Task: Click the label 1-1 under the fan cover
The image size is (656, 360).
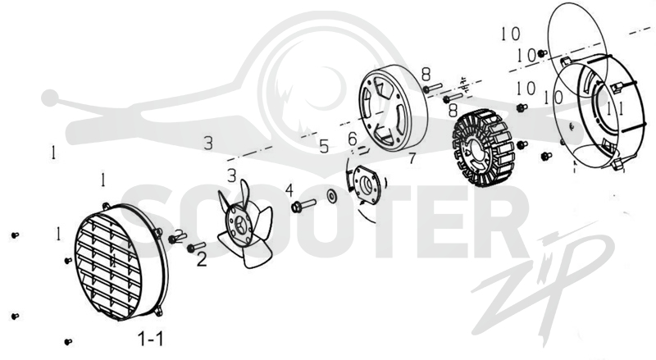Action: point(151,338)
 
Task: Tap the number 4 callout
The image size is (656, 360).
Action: point(289,190)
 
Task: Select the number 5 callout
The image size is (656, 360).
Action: point(324,146)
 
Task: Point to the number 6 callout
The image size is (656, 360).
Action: point(353,138)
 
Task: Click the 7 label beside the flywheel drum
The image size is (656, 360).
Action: point(412,158)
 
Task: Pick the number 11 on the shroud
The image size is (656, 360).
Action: point(616,109)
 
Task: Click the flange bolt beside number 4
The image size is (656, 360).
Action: point(303,206)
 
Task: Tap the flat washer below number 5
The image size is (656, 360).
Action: point(333,196)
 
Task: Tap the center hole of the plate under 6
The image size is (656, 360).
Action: point(366,185)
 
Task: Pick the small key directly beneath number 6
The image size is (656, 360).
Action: point(362,148)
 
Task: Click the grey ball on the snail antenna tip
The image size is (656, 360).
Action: point(50,98)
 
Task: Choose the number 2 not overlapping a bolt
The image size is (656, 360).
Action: point(202,260)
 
